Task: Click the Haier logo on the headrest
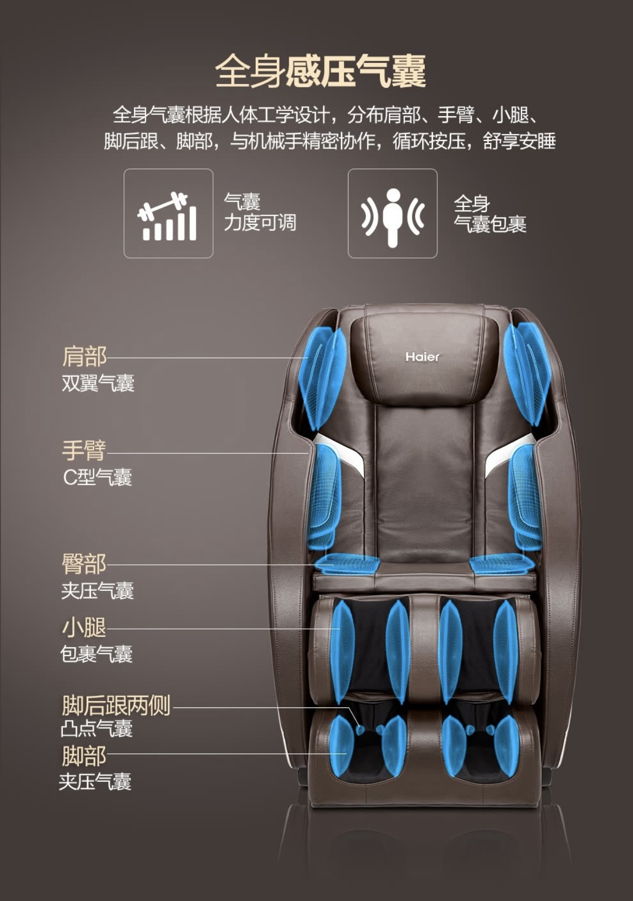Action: (422, 356)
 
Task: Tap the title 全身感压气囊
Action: (320, 71)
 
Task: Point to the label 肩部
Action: (84, 357)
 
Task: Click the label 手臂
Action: (84, 450)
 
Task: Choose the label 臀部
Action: (84, 564)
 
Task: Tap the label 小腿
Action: (84, 628)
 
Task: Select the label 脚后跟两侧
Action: (116, 705)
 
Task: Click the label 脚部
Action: (84, 755)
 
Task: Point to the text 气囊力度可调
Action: (260, 212)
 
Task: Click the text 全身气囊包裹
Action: (489, 214)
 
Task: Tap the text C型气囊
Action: (98, 477)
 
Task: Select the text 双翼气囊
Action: (98, 383)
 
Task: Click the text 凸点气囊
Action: (96, 729)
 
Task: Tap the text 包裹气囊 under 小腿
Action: (96, 654)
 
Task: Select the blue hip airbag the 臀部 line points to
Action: (347, 564)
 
